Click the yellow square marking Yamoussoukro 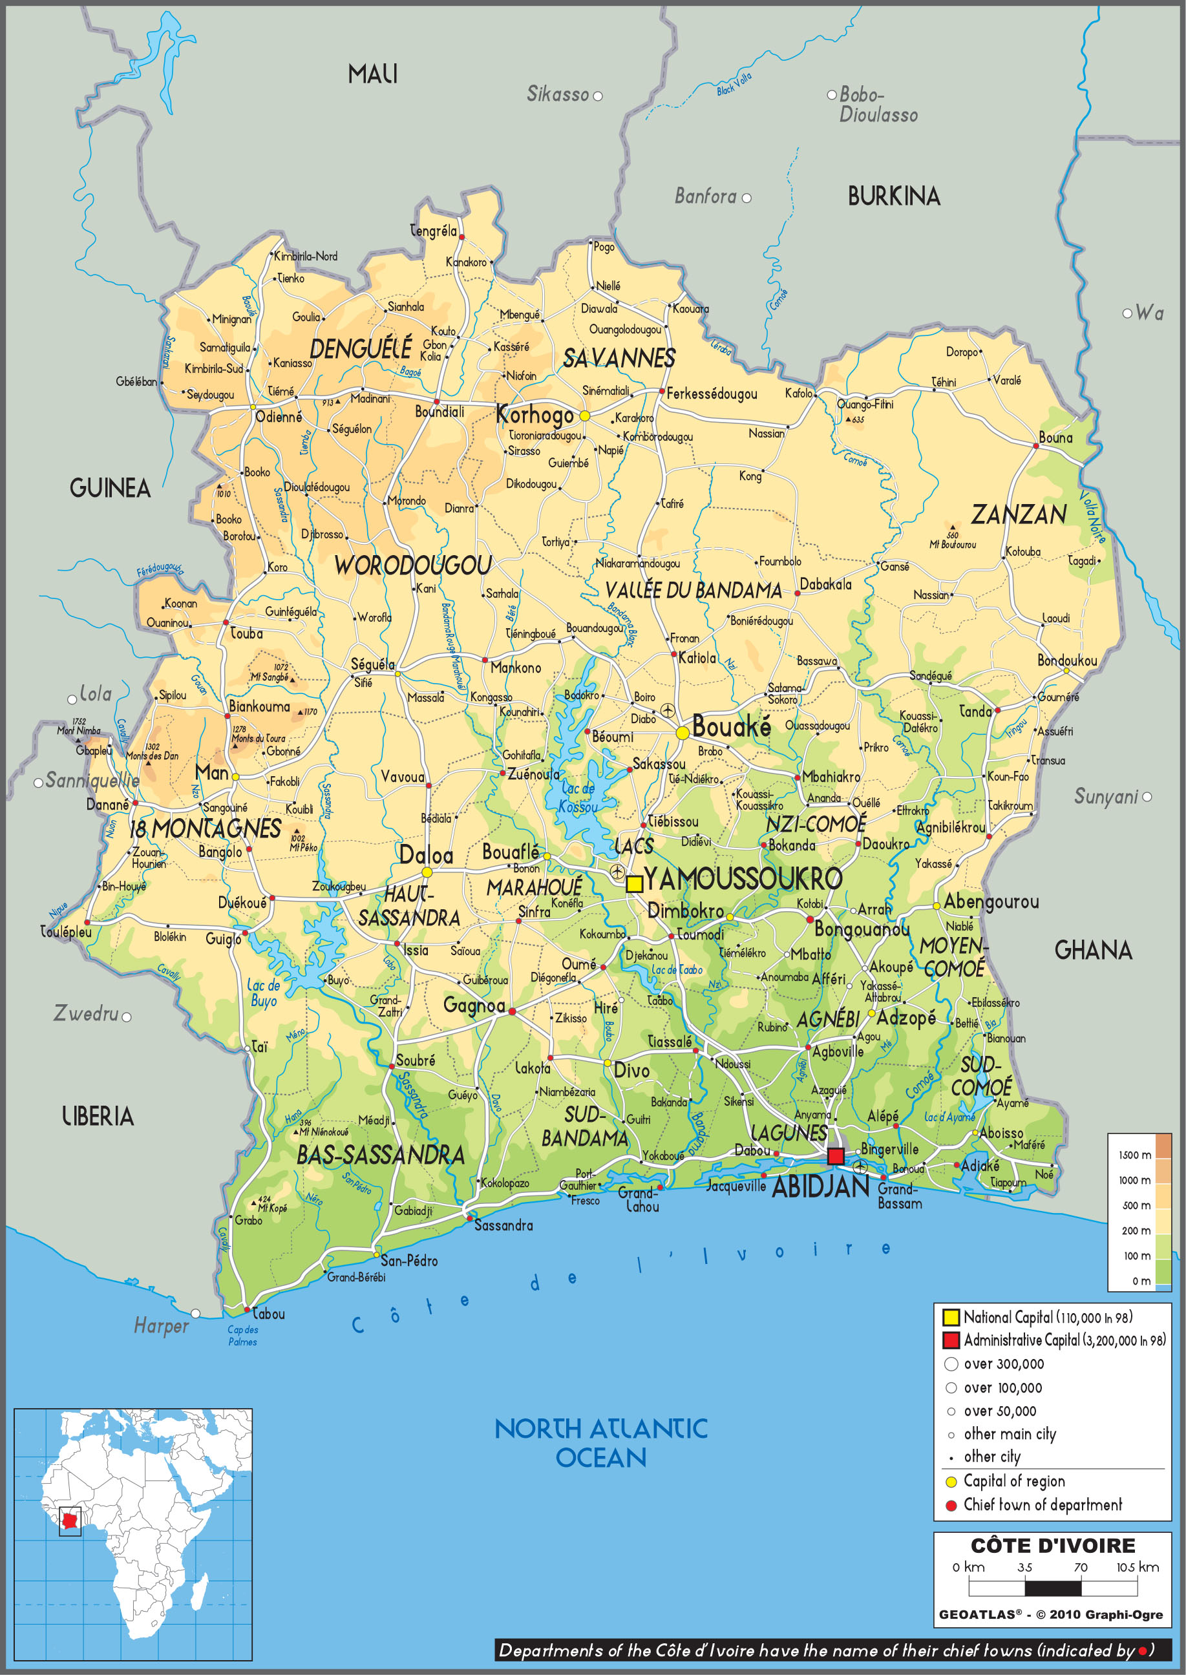click(x=634, y=883)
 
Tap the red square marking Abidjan click(x=836, y=1156)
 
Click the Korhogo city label click(x=535, y=415)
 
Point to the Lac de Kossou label click(x=578, y=797)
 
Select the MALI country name click(x=372, y=74)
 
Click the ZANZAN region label click(x=1018, y=515)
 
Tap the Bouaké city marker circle click(x=682, y=732)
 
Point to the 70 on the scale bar click(x=1080, y=1567)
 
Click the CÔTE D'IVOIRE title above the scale click(x=1052, y=1545)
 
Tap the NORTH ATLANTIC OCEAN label click(x=601, y=1443)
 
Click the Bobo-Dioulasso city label click(x=878, y=105)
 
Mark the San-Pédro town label click(x=409, y=1260)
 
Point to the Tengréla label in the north click(x=433, y=231)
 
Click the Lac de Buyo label click(x=263, y=993)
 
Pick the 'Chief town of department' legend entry click(x=1042, y=1504)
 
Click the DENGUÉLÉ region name click(x=361, y=348)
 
